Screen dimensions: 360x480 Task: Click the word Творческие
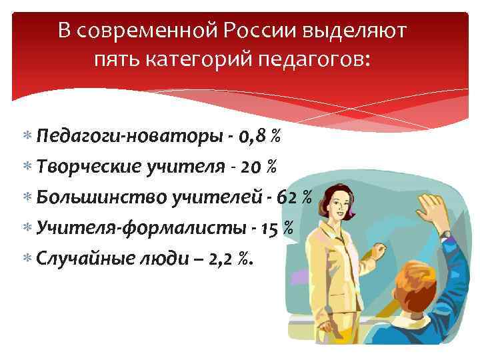coord(91,167)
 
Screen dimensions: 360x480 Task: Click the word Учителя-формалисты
coord(138,227)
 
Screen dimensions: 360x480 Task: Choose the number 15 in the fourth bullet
coord(269,227)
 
